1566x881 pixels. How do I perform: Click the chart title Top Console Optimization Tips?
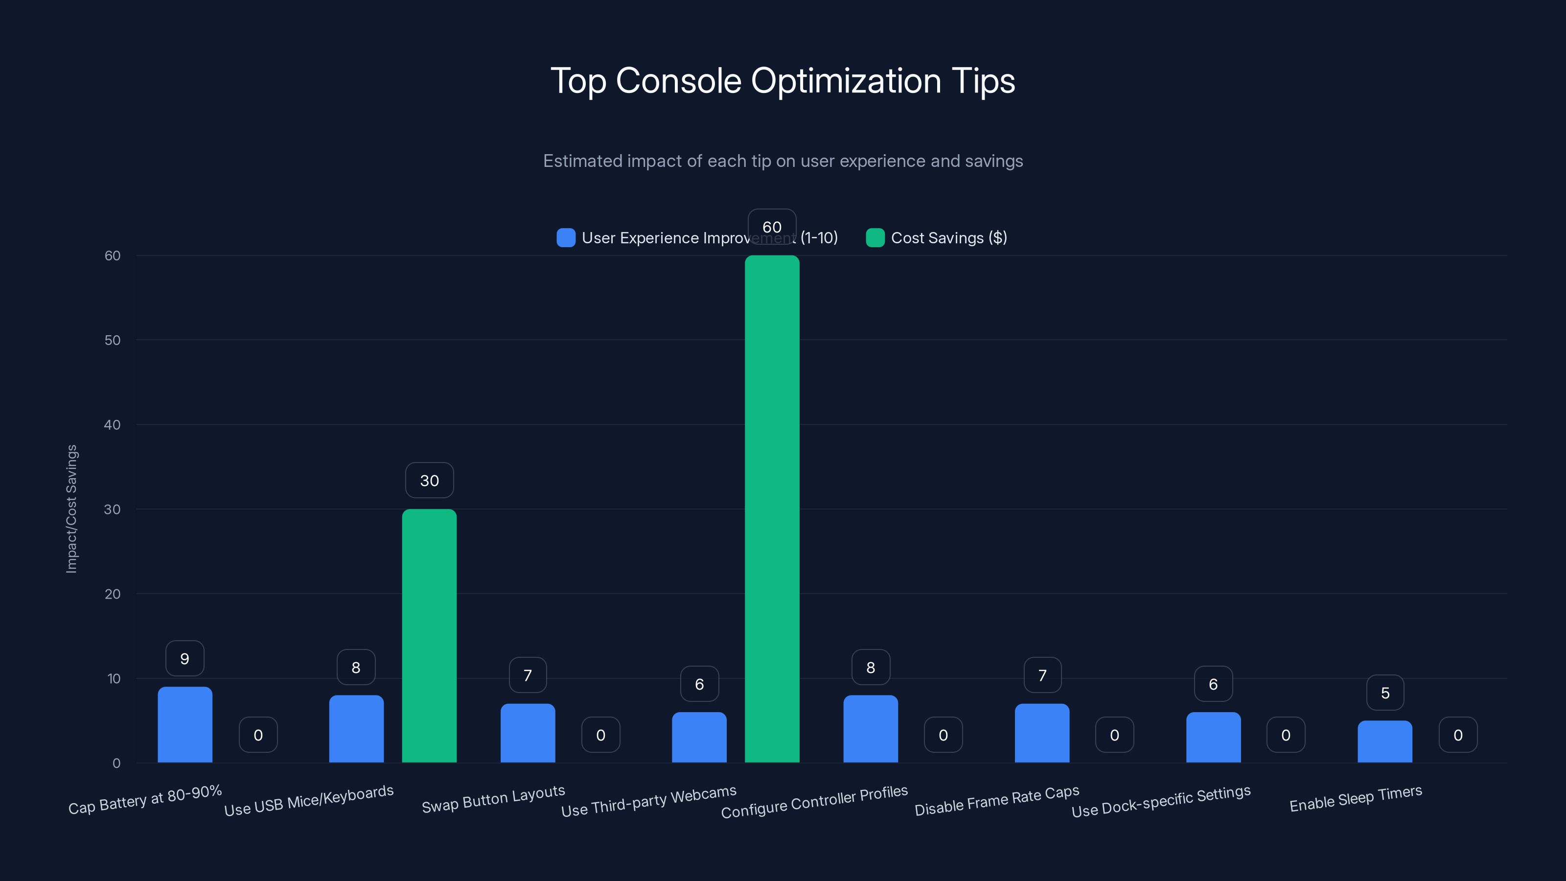[783, 81]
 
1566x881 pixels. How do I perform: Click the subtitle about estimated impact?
[783, 161]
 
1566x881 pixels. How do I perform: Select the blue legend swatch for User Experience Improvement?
[565, 238]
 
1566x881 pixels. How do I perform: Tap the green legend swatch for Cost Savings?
[875, 238]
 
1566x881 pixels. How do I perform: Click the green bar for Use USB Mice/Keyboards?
[429, 635]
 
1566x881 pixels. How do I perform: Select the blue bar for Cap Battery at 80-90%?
[185, 725]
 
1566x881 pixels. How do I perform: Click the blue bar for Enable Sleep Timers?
[1384, 742]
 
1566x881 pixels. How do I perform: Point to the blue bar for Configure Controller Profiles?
[870, 729]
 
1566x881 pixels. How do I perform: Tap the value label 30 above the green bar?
[429, 480]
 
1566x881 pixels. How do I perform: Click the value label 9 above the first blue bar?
[185, 658]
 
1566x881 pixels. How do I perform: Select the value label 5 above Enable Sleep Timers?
[1385, 693]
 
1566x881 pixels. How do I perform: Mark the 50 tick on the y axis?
[113, 340]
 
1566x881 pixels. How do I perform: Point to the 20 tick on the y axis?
[113, 594]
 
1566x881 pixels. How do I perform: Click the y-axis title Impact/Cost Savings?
[72, 509]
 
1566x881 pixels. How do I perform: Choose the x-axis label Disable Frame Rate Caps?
[996, 800]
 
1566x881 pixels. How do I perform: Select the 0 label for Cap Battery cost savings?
[258, 735]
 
